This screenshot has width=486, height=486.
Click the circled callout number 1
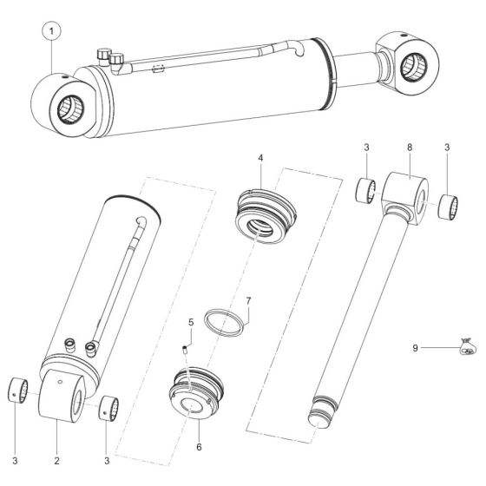click(x=53, y=33)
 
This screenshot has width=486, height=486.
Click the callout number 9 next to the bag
click(x=416, y=348)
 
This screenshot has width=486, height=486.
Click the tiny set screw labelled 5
click(x=185, y=349)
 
